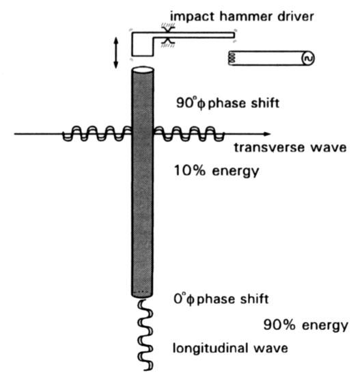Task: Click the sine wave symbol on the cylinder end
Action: [x=307, y=59]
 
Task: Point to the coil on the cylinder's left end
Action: [x=232, y=59]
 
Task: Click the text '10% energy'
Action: [x=217, y=171]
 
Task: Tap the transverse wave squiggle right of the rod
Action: [x=185, y=133]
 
